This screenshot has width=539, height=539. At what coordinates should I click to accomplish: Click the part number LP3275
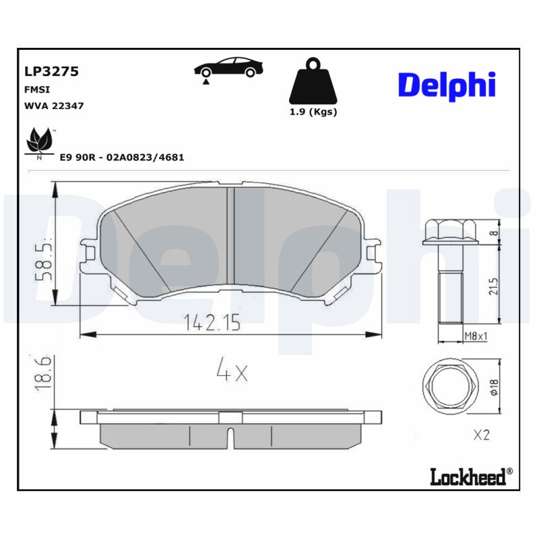click(x=51, y=71)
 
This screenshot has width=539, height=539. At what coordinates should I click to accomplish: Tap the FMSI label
click(x=36, y=89)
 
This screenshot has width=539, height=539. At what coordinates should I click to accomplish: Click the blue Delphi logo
click(x=447, y=86)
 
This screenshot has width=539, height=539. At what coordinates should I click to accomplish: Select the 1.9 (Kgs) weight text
click(x=313, y=112)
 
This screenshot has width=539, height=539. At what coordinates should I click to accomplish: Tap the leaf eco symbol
click(x=38, y=142)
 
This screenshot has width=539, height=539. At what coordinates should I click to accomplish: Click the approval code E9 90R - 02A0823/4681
click(x=122, y=157)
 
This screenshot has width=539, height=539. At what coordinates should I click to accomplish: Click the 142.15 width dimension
click(x=212, y=323)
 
